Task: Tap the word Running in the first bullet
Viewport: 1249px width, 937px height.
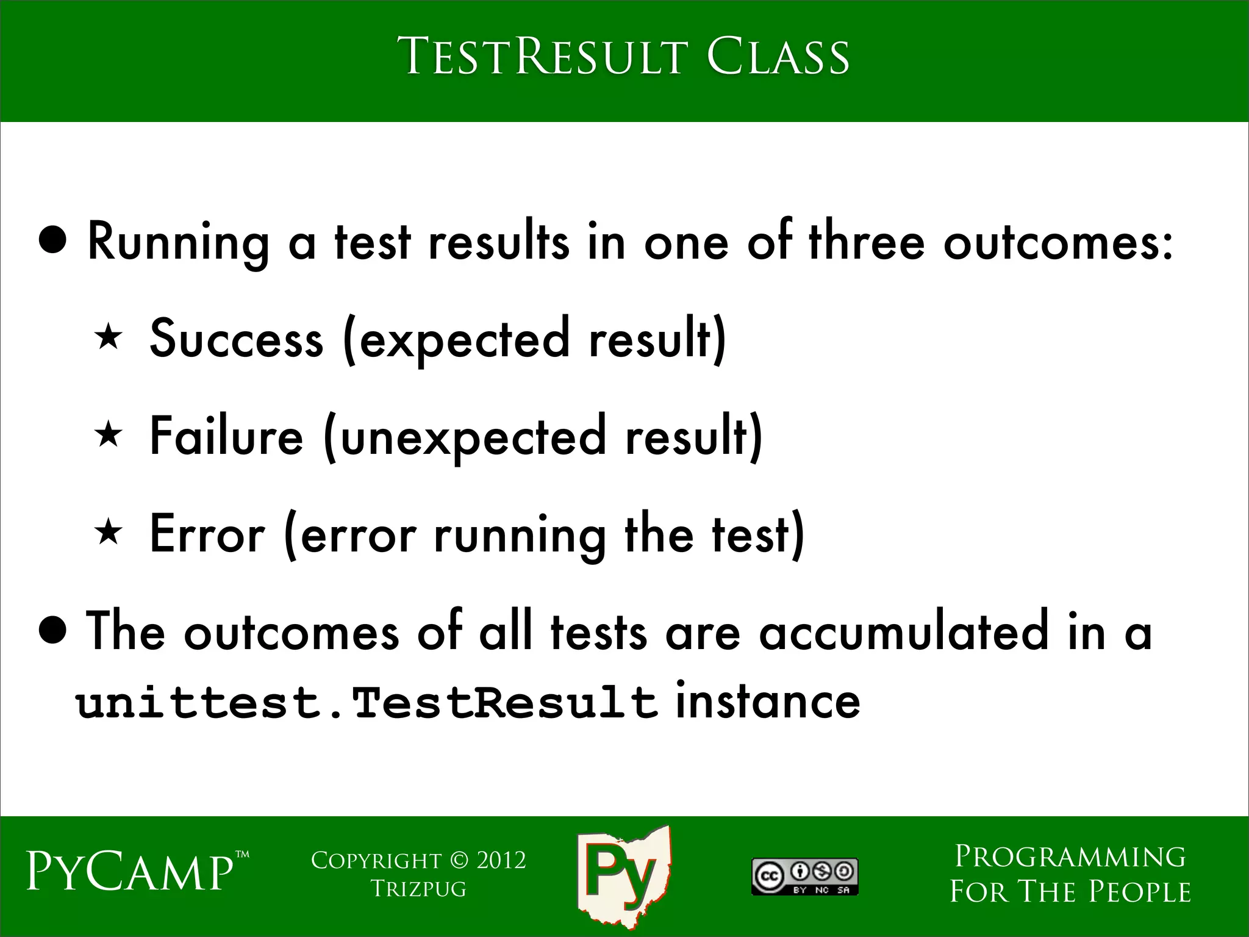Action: pyautogui.click(x=178, y=242)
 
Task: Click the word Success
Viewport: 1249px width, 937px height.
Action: pyautogui.click(x=237, y=339)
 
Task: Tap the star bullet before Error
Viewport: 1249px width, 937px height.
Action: pyautogui.click(x=109, y=533)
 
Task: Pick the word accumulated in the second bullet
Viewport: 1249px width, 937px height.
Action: pyautogui.click(x=904, y=633)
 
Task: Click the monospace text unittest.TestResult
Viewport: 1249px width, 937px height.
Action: pyautogui.click(x=366, y=703)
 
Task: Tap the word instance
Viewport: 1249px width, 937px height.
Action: pyautogui.click(x=768, y=702)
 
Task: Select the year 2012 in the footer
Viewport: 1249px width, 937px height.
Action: pyautogui.click(x=501, y=860)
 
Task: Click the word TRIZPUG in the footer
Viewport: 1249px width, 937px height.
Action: pyautogui.click(x=418, y=889)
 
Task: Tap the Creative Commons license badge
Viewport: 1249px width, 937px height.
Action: pyautogui.click(x=804, y=877)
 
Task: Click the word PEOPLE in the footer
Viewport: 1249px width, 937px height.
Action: pyautogui.click(x=1139, y=892)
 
